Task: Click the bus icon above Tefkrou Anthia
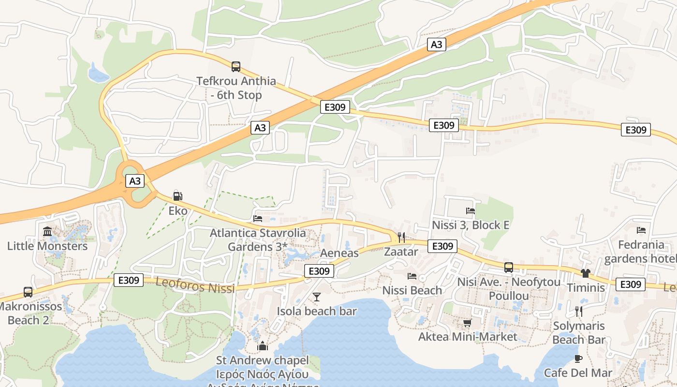coord(236,67)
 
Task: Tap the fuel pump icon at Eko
coord(177,196)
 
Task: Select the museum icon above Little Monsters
coord(47,232)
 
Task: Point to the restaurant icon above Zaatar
coord(401,237)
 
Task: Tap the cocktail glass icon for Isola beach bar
coord(317,297)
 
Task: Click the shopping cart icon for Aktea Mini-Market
coord(467,323)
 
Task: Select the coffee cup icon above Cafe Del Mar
coord(578,358)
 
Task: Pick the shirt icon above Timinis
coord(586,273)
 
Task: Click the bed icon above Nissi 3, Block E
coord(470,210)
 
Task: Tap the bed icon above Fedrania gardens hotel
coord(641,230)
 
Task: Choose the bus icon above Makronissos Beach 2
coord(28,292)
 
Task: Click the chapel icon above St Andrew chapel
coord(263,346)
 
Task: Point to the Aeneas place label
coord(339,253)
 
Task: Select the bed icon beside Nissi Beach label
coord(412,276)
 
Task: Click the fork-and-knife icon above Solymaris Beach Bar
coord(578,312)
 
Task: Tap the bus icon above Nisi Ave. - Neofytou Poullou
coord(508,267)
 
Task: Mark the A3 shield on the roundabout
coord(135,181)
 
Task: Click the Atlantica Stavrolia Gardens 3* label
coord(258,240)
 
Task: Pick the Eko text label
coord(177,211)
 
